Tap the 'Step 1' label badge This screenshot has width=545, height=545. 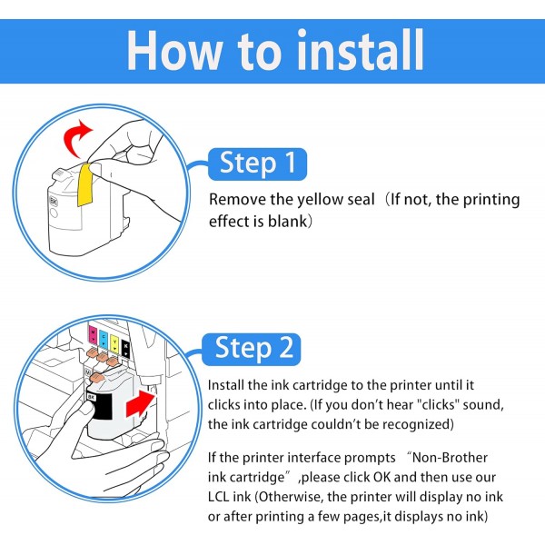[x=257, y=164]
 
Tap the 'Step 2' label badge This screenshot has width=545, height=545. [x=252, y=349]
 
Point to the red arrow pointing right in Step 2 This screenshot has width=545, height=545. [x=140, y=403]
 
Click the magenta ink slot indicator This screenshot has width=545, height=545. [x=94, y=334]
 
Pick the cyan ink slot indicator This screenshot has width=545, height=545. [x=104, y=339]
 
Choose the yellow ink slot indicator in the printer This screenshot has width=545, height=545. [x=114, y=343]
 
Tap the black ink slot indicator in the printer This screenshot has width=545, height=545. [x=125, y=349]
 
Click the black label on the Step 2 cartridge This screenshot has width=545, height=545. [x=99, y=406]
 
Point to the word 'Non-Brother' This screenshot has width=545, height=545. [x=451, y=458]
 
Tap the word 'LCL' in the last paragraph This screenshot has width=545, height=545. [x=219, y=497]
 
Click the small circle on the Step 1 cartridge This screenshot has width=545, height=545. [x=54, y=213]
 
